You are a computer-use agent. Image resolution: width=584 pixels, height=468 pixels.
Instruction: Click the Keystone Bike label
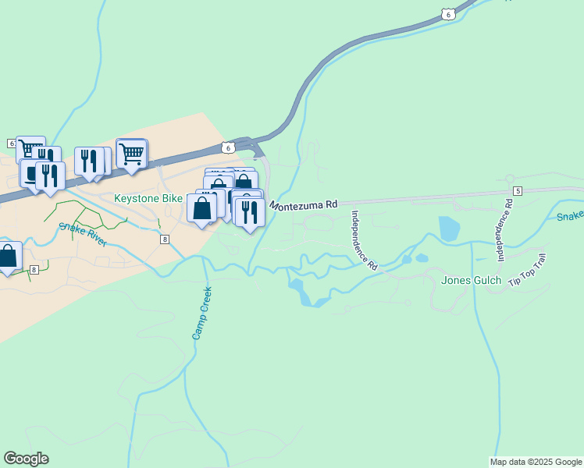pyautogui.click(x=148, y=199)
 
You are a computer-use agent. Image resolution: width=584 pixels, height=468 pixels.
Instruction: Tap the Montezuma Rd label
pyautogui.click(x=304, y=204)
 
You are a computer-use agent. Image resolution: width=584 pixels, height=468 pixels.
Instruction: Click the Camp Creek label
pyautogui.click(x=202, y=312)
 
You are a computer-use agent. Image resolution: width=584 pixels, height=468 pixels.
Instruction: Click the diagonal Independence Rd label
pyautogui.click(x=364, y=240)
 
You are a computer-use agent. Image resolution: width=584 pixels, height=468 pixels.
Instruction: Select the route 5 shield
pyautogui.click(x=517, y=191)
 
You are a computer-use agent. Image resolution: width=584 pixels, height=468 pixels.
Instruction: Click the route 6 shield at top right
pyautogui.click(x=446, y=13)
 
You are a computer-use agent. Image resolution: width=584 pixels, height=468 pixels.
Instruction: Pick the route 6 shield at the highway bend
pyautogui.click(x=226, y=147)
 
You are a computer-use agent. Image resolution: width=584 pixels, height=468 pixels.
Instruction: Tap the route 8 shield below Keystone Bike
pyautogui.click(x=165, y=239)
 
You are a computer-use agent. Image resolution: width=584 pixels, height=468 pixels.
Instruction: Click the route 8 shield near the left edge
pyautogui.click(x=34, y=270)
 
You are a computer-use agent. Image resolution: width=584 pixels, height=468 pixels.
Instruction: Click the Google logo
pyautogui.click(x=26, y=459)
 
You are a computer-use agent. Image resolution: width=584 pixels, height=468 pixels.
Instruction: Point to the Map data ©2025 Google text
pyautogui.click(x=536, y=462)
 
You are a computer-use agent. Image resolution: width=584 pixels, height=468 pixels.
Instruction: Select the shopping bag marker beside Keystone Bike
pyautogui.click(x=202, y=208)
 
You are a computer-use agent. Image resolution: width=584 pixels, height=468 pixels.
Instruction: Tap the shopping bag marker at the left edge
pyautogui.click(x=8, y=257)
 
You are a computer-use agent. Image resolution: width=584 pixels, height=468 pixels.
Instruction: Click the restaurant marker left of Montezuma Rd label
pyautogui.click(x=248, y=212)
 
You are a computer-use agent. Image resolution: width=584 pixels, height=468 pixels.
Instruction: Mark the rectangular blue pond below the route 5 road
pyautogui.click(x=449, y=228)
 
